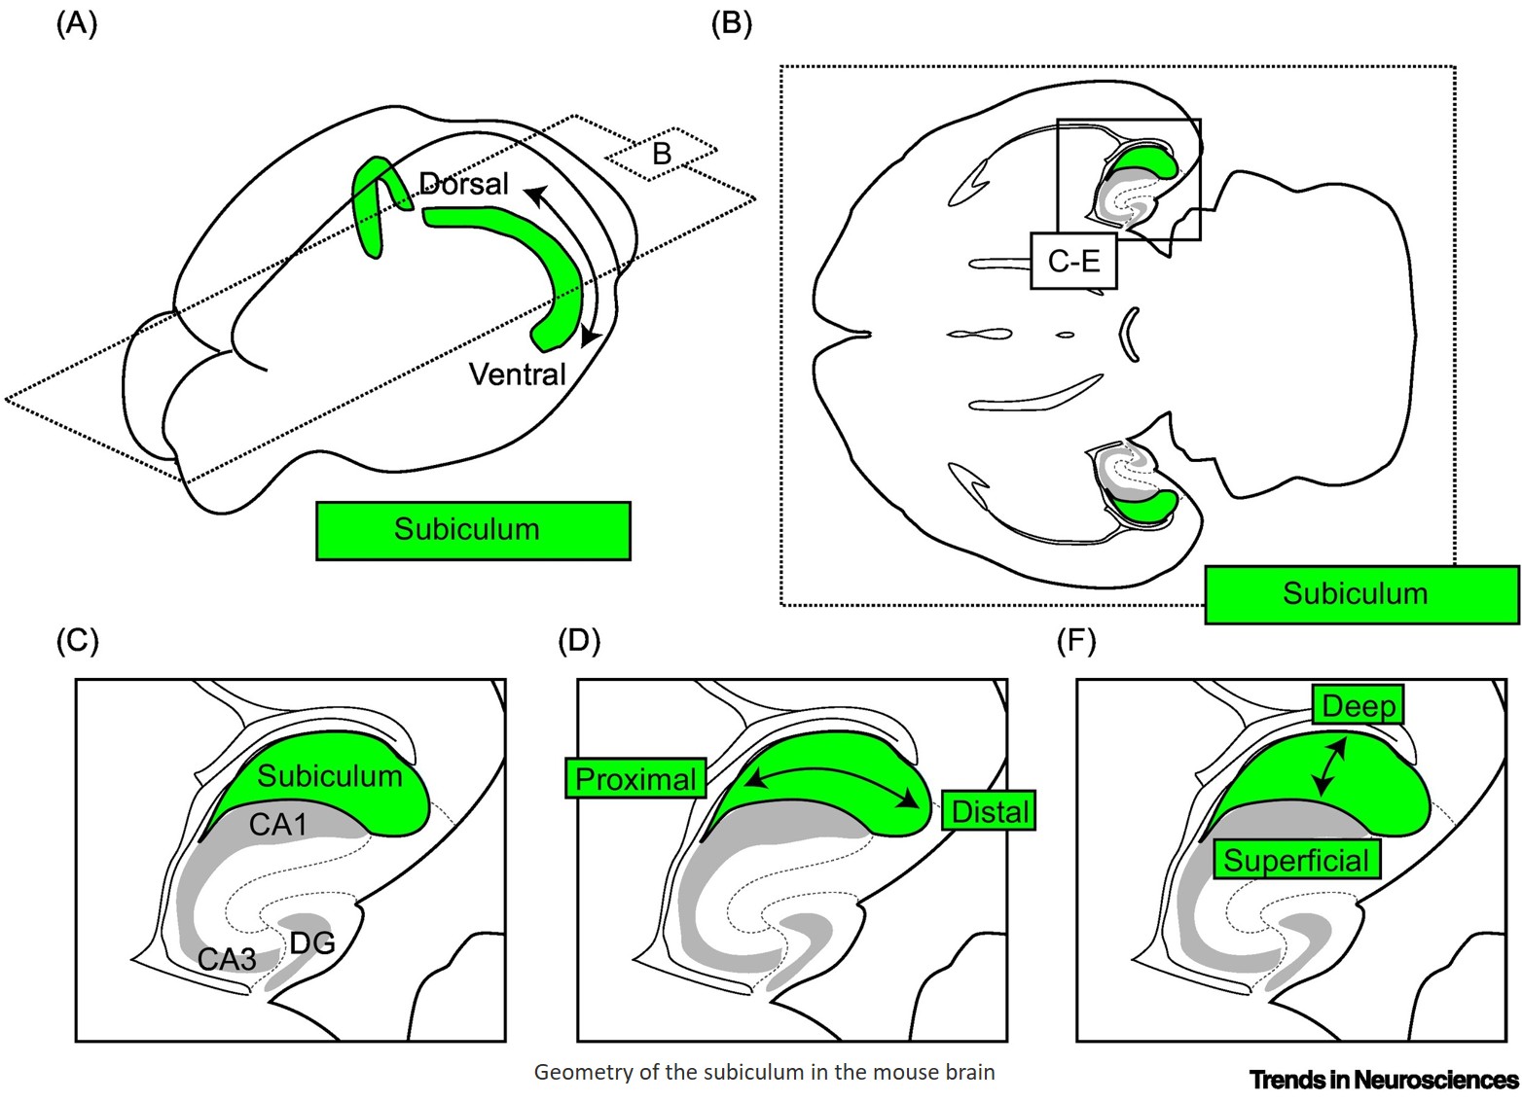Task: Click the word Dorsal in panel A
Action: coord(463,184)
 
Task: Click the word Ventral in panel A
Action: coord(517,374)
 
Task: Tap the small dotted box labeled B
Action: coord(662,154)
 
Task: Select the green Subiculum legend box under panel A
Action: coord(473,530)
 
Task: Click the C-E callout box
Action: coord(1073,261)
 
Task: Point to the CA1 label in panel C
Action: coord(278,825)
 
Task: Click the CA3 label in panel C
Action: coord(227,959)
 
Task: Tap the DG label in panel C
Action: coord(311,942)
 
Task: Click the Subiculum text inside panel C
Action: coord(330,776)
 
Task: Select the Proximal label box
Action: coord(635,778)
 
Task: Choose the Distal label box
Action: coord(989,810)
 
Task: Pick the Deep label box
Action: coord(1358,705)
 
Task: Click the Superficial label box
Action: coord(1296,860)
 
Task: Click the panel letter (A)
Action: coord(77,24)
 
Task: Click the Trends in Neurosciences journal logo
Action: coord(1383,1080)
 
